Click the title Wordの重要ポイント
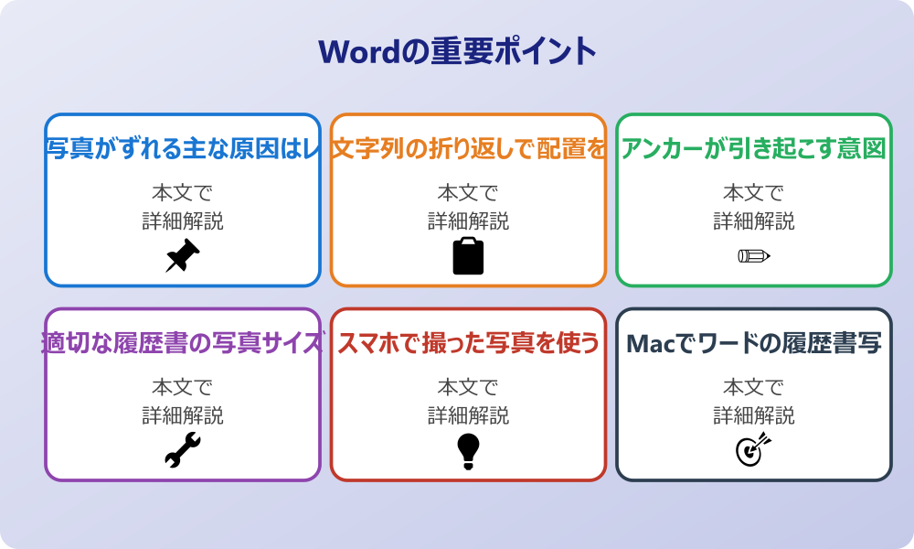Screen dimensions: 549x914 click(x=457, y=51)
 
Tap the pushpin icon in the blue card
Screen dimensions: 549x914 click(x=183, y=256)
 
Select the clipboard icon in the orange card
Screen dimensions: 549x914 click(x=468, y=256)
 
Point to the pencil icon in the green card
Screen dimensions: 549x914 click(x=754, y=255)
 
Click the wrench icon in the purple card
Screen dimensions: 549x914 click(x=183, y=450)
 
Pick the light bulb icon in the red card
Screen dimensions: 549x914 click(x=468, y=450)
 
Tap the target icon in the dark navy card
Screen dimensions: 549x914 click(x=754, y=450)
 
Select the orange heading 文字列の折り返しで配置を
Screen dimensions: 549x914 click(x=468, y=148)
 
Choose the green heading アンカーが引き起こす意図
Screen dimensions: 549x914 click(x=754, y=148)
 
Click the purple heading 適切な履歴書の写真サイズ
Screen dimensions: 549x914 click(x=183, y=343)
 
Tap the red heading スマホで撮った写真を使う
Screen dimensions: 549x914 click(x=468, y=343)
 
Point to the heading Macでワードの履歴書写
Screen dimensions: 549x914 click(x=754, y=343)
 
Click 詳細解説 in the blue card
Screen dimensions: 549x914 click(x=183, y=221)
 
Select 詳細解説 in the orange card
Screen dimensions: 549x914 click(x=468, y=221)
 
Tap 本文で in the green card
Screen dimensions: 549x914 click(x=754, y=193)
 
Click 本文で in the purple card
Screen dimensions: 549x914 click(x=183, y=388)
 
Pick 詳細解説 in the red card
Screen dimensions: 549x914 click(x=468, y=416)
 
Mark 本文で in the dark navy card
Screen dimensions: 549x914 click(x=754, y=388)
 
